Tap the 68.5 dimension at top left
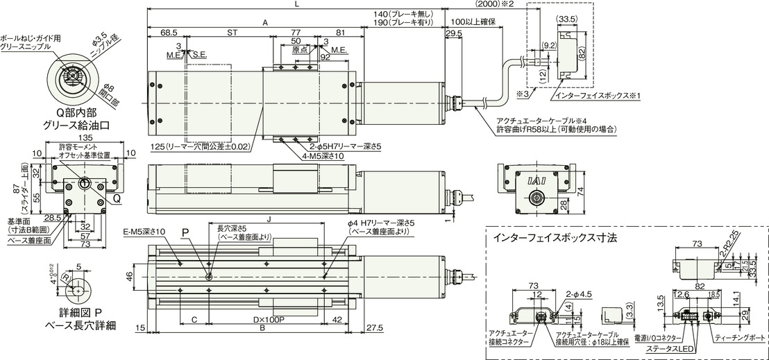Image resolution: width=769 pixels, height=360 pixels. tap(167, 32)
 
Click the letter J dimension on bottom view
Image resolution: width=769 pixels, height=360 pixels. tap(269, 216)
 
